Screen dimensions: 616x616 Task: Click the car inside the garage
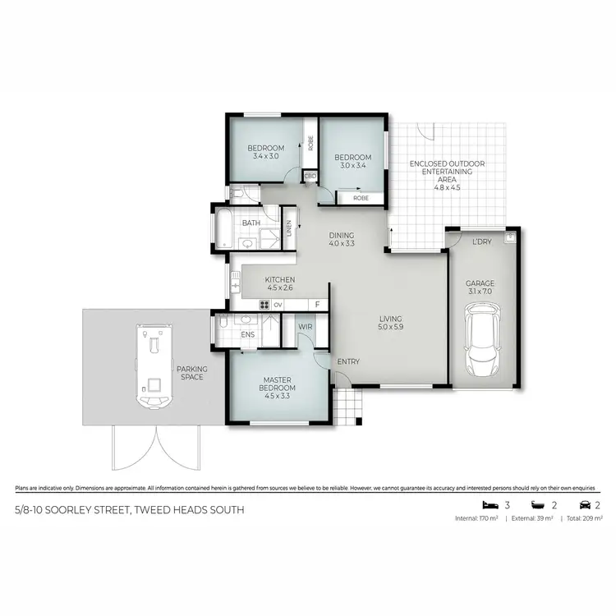click(481, 338)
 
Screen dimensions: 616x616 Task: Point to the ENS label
click(248, 334)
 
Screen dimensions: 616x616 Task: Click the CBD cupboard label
click(310, 176)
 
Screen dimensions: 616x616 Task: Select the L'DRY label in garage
click(481, 241)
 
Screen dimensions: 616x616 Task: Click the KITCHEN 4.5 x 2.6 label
click(279, 284)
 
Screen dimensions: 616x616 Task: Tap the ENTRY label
click(348, 361)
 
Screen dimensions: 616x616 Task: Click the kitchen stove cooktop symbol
click(264, 305)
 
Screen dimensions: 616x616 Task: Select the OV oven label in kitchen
click(278, 305)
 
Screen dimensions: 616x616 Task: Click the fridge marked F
click(317, 305)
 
